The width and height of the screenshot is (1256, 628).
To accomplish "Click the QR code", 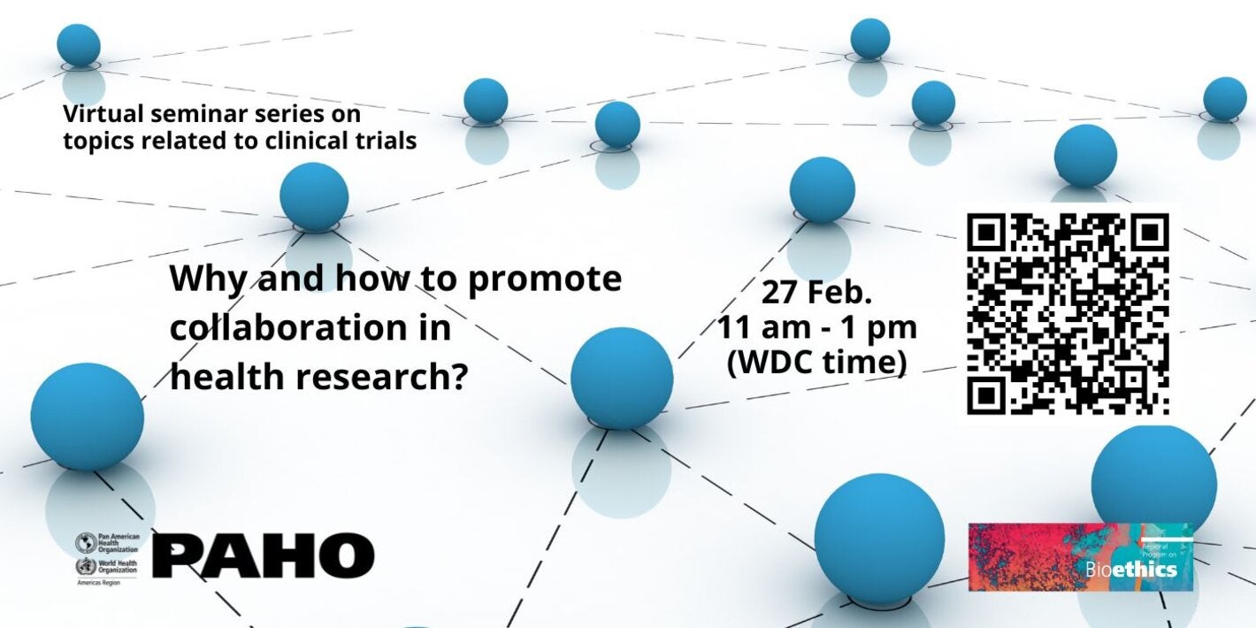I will tap(1068, 314).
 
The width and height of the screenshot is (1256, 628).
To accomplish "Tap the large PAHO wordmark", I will tap(264, 555).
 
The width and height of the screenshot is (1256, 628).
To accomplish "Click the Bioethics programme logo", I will tap(1080, 557).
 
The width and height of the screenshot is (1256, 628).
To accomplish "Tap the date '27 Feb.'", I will tap(816, 293).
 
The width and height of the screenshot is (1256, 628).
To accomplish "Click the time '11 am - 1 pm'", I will tap(816, 328).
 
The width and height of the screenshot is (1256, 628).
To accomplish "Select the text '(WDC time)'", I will tap(816, 363).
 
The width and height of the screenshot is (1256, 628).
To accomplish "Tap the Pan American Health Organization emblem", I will tap(86, 542).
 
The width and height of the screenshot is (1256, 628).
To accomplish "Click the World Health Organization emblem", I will tap(86, 567).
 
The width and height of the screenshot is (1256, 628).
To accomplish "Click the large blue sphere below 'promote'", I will tap(622, 378).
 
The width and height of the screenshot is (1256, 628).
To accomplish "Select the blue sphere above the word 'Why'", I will tap(314, 197).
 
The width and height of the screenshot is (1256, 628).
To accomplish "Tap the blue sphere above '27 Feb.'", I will tap(823, 189).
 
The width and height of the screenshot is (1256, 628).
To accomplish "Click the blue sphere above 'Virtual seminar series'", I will tap(79, 45).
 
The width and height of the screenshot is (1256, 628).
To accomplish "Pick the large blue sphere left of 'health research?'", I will tap(87, 416).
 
